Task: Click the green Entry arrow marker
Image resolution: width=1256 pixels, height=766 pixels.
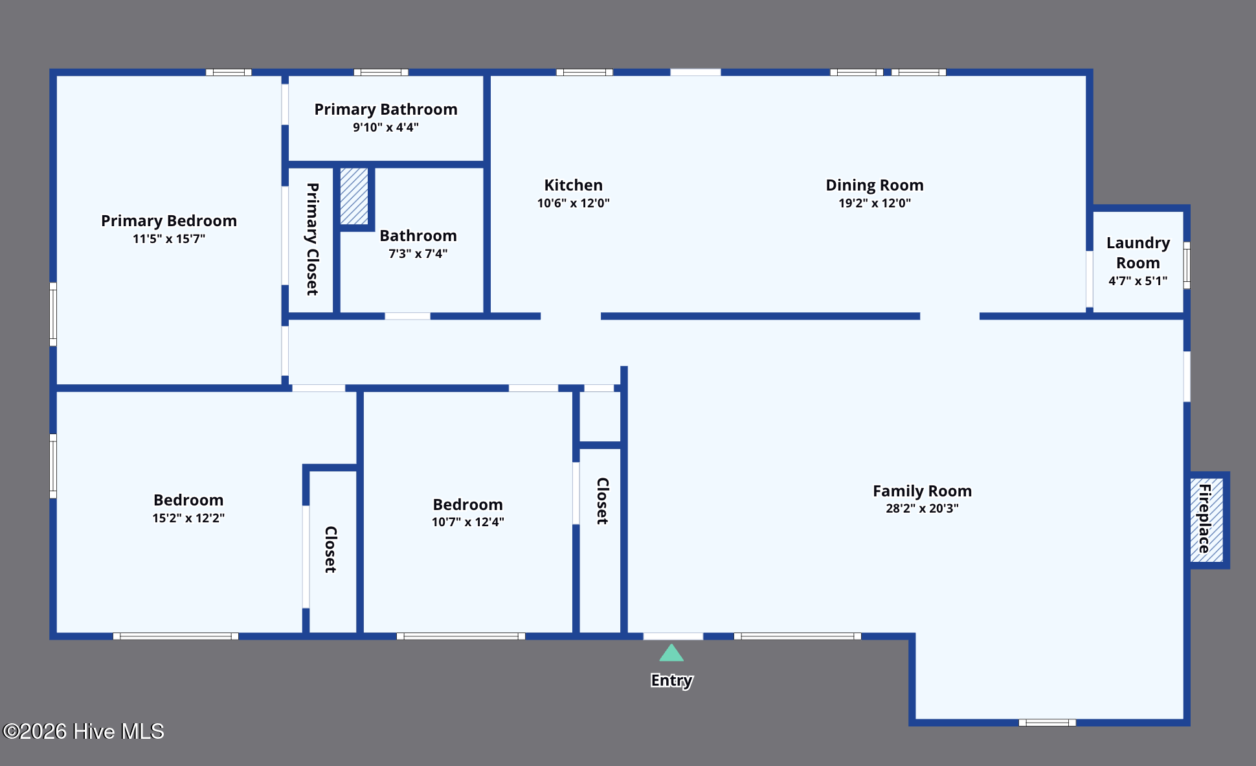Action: pyautogui.click(x=671, y=653)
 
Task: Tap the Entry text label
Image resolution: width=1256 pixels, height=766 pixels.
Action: pyautogui.click(x=671, y=680)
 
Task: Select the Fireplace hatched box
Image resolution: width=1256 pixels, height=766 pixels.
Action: pyautogui.click(x=1207, y=520)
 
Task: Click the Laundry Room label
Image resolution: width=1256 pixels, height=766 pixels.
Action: pyautogui.click(x=1138, y=253)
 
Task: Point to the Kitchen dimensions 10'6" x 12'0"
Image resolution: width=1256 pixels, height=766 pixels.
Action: pyautogui.click(x=574, y=203)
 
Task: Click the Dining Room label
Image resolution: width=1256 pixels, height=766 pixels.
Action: pyautogui.click(x=875, y=185)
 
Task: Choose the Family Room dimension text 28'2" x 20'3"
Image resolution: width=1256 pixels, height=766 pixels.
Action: pyautogui.click(x=922, y=509)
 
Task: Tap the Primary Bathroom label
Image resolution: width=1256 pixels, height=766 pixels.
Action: pyautogui.click(x=386, y=110)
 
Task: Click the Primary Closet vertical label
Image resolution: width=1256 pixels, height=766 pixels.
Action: pyautogui.click(x=312, y=239)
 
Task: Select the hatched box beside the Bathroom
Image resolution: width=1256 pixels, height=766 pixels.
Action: pyautogui.click(x=354, y=196)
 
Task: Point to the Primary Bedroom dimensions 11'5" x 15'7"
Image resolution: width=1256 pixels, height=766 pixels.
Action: pyautogui.click(x=169, y=239)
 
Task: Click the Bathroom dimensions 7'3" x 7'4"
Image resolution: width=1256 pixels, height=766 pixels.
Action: pyautogui.click(x=418, y=254)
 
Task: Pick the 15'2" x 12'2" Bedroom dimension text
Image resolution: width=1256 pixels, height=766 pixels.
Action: pyautogui.click(x=188, y=518)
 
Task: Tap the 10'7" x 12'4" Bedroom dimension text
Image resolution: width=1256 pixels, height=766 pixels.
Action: pyautogui.click(x=468, y=522)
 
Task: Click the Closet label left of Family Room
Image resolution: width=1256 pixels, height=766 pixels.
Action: pyautogui.click(x=602, y=501)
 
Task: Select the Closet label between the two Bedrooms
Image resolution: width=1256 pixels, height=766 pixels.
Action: pyautogui.click(x=330, y=550)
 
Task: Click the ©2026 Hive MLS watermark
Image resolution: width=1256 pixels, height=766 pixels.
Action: pyautogui.click(x=84, y=732)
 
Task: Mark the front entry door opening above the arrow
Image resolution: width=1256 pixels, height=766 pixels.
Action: pyautogui.click(x=673, y=636)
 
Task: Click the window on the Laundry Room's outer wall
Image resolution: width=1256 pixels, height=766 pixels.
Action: pyautogui.click(x=1187, y=265)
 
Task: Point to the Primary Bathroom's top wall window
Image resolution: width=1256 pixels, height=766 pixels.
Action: pyautogui.click(x=381, y=72)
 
